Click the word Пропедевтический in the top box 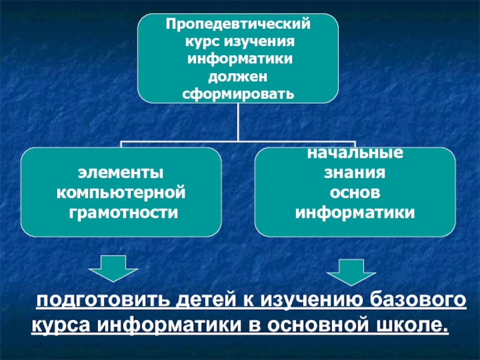238,26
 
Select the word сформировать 238,94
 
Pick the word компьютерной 121,193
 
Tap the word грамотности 121,212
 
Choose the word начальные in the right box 355,154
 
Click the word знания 355,173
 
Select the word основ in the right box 355,193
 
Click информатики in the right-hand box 355,212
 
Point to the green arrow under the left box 112,268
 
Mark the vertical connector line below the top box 238,123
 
